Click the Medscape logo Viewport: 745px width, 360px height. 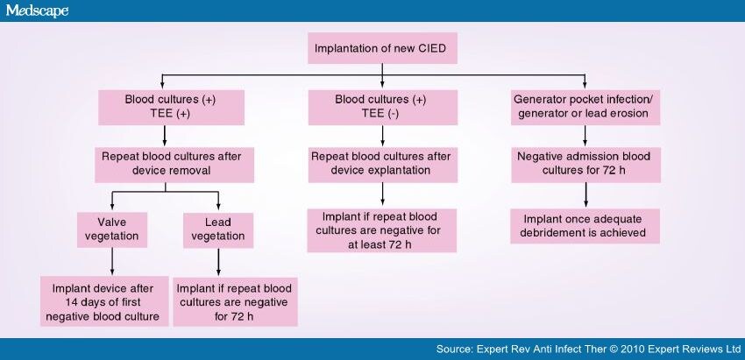[x=36, y=11]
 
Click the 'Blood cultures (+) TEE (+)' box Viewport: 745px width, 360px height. [x=159, y=108]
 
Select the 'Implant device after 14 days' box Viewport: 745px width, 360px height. [x=104, y=300]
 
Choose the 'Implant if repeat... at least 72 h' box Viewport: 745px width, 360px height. [x=382, y=230]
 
